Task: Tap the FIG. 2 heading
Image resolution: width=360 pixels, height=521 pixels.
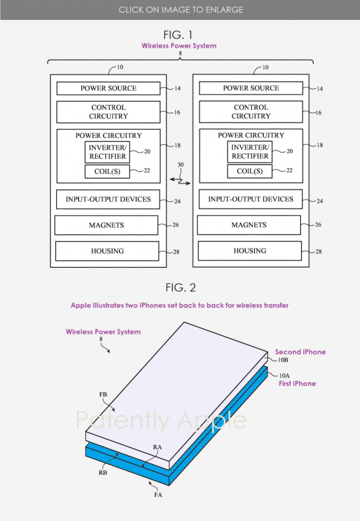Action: pyautogui.click(x=180, y=288)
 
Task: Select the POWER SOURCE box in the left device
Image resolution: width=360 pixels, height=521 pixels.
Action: pyautogui.click(x=108, y=89)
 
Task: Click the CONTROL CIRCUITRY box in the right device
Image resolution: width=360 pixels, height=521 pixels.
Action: pyautogui.click(x=251, y=111)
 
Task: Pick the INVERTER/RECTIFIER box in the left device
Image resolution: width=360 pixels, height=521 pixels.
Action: pyautogui.click(x=107, y=152)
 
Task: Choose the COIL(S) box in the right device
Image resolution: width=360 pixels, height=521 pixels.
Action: pyautogui.click(x=250, y=171)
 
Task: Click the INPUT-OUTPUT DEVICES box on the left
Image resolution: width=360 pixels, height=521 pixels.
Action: pyautogui.click(x=108, y=200)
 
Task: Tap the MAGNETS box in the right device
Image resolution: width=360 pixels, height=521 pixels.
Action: pyautogui.click(x=249, y=225)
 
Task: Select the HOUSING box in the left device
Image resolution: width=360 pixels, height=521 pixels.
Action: pyautogui.click(x=107, y=251)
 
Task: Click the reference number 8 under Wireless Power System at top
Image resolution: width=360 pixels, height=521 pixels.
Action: pyautogui.click(x=180, y=53)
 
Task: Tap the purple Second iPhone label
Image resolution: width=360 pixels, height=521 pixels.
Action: pyautogui.click(x=300, y=352)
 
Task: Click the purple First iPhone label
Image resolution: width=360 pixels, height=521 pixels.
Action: pyautogui.click(x=297, y=383)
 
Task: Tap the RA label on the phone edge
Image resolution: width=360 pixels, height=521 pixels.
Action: pyautogui.click(x=157, y=447)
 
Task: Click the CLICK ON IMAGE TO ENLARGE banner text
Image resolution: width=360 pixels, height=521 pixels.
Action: pyautogui.click(x=180, y=10)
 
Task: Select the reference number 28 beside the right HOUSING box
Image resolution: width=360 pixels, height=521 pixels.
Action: pyautogui.click(x=319, y=252)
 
